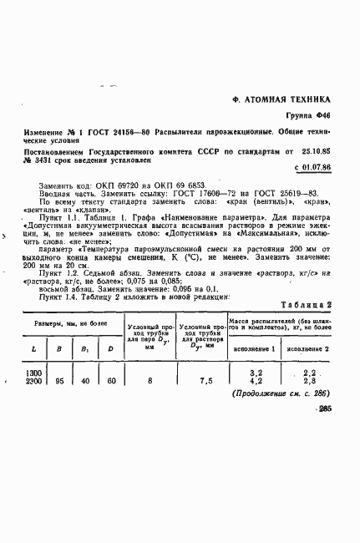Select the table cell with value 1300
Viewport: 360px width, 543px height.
34,373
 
